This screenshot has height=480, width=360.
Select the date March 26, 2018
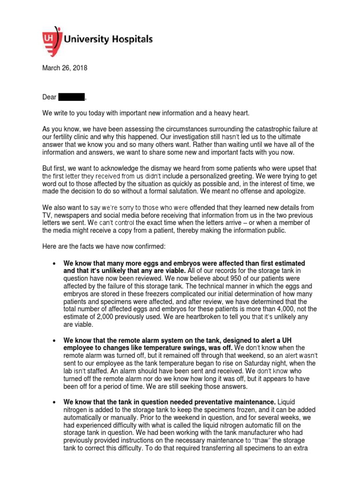click(x=64, y=68)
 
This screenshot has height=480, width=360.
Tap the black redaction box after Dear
click(x=71, y=97)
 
